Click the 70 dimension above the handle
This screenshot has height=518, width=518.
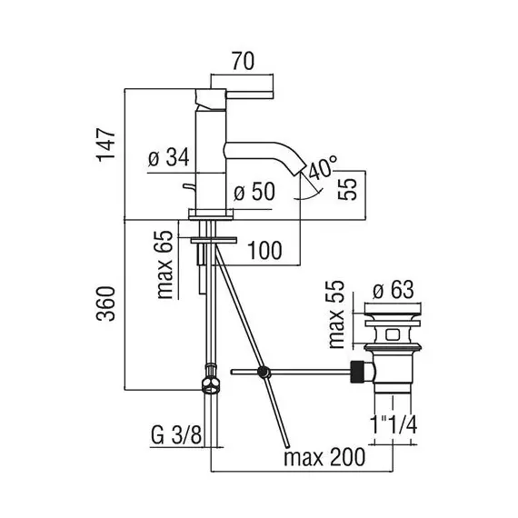244,62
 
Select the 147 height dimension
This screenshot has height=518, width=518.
106,144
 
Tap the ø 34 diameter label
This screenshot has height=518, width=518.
169,157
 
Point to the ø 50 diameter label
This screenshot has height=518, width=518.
254,192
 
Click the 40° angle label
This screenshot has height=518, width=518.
322,167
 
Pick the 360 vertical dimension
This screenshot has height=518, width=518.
106,304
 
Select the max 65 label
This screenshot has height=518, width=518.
164,264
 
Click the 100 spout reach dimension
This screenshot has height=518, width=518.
264,251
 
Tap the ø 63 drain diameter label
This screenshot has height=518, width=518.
393,290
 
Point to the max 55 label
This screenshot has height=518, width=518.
336,314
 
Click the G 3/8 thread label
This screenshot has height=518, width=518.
176,435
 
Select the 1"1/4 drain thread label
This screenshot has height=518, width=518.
393,424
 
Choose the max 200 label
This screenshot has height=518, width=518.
324,457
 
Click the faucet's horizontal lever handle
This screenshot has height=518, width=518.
250,95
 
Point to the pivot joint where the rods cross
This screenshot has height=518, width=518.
264,373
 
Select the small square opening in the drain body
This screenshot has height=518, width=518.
393,334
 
